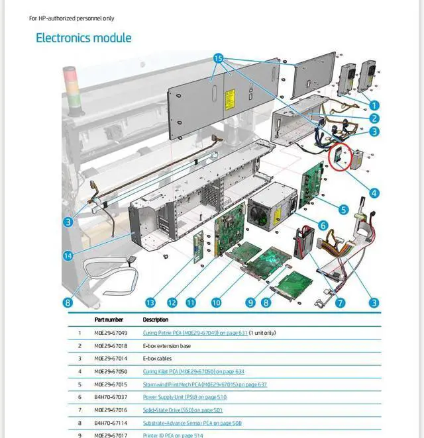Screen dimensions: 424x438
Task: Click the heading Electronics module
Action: (83, 38)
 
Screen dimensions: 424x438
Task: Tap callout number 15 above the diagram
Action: (219, 59)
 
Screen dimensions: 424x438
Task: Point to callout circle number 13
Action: (150, 302)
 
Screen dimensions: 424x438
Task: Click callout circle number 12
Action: (172, 302)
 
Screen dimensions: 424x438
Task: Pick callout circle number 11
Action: (191, 302)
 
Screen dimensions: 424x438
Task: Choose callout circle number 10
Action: (216, 302)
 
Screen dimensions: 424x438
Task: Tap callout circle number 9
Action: (250, 302)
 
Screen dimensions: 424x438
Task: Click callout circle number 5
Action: (343, 210)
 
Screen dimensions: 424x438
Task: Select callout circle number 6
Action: (323, 226)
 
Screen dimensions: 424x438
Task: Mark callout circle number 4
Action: (374, 193)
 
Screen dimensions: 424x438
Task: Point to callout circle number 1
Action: (374, 105)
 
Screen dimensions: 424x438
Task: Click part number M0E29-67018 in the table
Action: (110, 345)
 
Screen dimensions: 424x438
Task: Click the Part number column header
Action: (109, 320)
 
